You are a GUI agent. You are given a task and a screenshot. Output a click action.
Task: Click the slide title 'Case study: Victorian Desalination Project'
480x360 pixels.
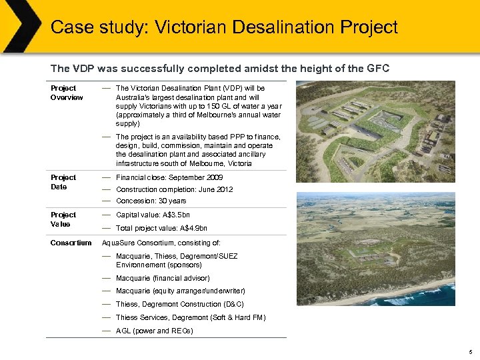pos(224,27)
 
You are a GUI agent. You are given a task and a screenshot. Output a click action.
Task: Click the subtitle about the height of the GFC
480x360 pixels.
pos(220,68)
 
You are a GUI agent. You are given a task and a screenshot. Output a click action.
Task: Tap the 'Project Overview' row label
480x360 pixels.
pos(67,93)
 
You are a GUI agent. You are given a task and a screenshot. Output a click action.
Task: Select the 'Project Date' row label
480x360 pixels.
pos(63,182)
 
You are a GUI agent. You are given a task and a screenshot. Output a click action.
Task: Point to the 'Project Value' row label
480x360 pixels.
pos(63,219)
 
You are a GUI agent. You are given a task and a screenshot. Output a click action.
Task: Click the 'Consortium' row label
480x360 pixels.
pos(71,243)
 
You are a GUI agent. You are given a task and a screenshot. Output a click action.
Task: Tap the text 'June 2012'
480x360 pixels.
pos(214,189)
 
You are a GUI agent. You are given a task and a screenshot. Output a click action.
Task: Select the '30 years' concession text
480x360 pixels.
pos(171,201)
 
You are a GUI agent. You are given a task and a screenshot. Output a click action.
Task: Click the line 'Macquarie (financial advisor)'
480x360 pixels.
pos(163,278)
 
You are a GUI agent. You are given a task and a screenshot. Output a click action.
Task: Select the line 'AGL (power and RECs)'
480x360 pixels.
pos(154,331)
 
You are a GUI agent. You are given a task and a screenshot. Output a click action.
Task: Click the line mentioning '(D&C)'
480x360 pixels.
pos(179,304)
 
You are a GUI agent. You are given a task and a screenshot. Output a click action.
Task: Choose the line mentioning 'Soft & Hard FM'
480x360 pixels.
pos(190,317)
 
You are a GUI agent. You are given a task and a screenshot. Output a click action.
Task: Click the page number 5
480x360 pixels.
pos(471,351)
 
